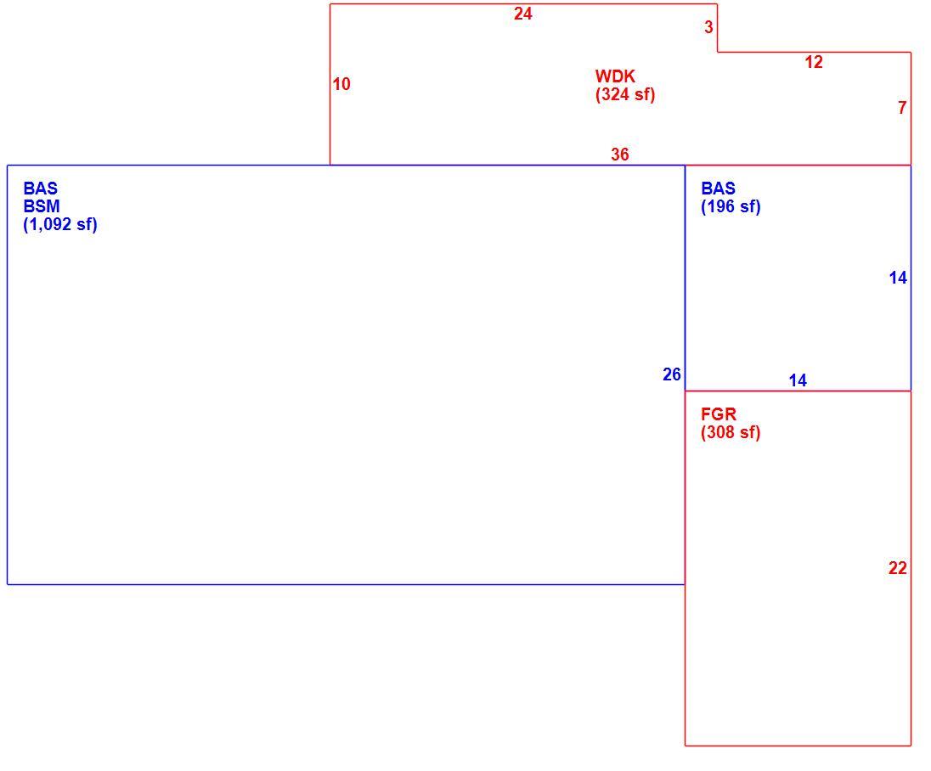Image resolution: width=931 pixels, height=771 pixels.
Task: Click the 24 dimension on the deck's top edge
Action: pyautogui.click(x=522, y=14)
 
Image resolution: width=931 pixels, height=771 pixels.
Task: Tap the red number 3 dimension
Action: pyautogui.click(x=708, y=26)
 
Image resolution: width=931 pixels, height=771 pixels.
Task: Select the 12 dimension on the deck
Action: pyautogui.click(x=814, y=62)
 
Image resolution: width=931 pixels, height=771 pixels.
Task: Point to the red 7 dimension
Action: pyautogui.click(x=902, y=108)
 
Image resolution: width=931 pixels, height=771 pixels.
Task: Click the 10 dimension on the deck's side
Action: pyautogui.click(x=341, y=84)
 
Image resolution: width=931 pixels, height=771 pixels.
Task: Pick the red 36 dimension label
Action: pyautogui.click(x=620, y=155)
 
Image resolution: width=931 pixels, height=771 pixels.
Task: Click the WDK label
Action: pyautogui.click(x=615, y=76)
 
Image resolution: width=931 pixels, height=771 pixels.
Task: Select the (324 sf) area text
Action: pyautogui.click(x=625, y=94)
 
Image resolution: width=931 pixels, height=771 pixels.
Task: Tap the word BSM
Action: pyautogui.click(x=42, y=206)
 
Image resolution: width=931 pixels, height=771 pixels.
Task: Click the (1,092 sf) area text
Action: pyautogui.click(x=60, y=224)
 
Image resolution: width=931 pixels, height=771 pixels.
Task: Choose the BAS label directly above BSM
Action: pyautogui.click(x=41, y=189)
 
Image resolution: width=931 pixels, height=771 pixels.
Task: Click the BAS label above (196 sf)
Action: pyautogui.click(x=719, y=189)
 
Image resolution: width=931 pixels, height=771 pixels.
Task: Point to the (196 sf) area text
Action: pyautogui.click(x=731, y=206)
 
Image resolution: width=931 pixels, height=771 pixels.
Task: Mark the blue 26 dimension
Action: pyautogui.click(x=672, y=374)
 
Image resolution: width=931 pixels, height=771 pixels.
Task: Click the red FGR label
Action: pyautogui.click(x=719, y=414)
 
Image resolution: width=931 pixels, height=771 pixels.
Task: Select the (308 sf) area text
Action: pyautogui.click(x=731, y=432)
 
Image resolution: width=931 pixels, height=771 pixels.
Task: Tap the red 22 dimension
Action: pyautogui.click(x=898, y=568)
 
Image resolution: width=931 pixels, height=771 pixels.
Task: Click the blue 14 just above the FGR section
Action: pyautogui.click(x=798, y=380)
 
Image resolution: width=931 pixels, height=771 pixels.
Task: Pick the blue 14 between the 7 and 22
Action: pyautogui.click(x=898, y=278)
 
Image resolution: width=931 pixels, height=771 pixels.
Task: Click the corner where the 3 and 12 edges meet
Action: pyautogui.click(x=717, y=53)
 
